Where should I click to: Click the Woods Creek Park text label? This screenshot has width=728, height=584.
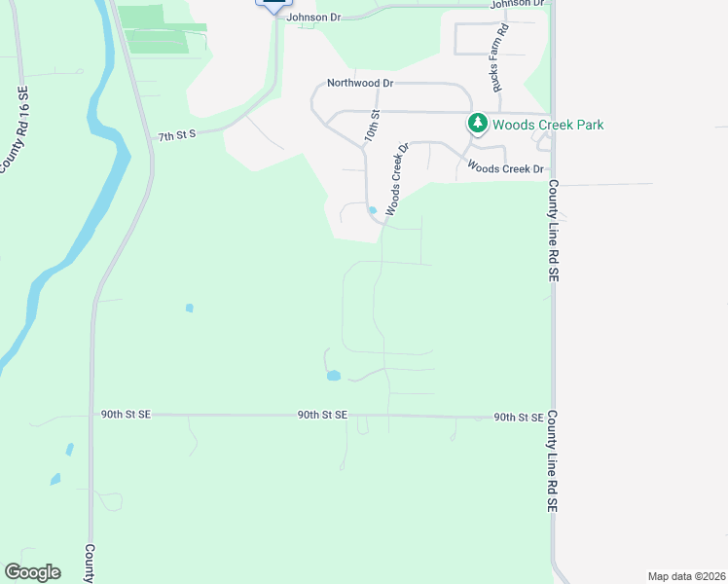[548, 125]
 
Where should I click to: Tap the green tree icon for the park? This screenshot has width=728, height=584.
[477, 124]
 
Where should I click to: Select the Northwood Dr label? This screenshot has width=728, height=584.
[359, 84]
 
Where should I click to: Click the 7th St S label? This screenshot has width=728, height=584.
[177, 135]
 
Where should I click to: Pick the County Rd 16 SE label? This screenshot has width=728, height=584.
[15, 131]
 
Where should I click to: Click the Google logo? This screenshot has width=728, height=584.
[32, 572]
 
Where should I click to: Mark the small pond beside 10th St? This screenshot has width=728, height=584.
[372, 209]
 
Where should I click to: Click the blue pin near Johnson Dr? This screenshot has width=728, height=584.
[273, 3]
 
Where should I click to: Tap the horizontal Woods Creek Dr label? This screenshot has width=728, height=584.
[505, 168]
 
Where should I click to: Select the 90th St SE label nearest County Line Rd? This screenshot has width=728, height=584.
[518, 418]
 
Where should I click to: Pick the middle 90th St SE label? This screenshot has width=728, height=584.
[322, 416]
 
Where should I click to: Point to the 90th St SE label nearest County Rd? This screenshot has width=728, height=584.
[126, 414]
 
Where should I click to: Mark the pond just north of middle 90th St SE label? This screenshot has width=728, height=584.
[334, 375]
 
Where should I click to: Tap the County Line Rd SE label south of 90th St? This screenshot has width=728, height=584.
[552, 461]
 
